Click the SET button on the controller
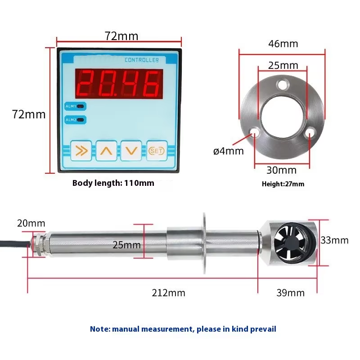[157, 151]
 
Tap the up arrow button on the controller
[106, 151]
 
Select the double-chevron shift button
[81, 151]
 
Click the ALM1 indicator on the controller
[75, 106]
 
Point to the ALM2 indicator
[75, 120]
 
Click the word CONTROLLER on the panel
[142, 60]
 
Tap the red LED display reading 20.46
[119, 84]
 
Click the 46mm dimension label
[283, 44]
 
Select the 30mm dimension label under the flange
[282, 170]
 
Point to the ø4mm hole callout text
[229, 151]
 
